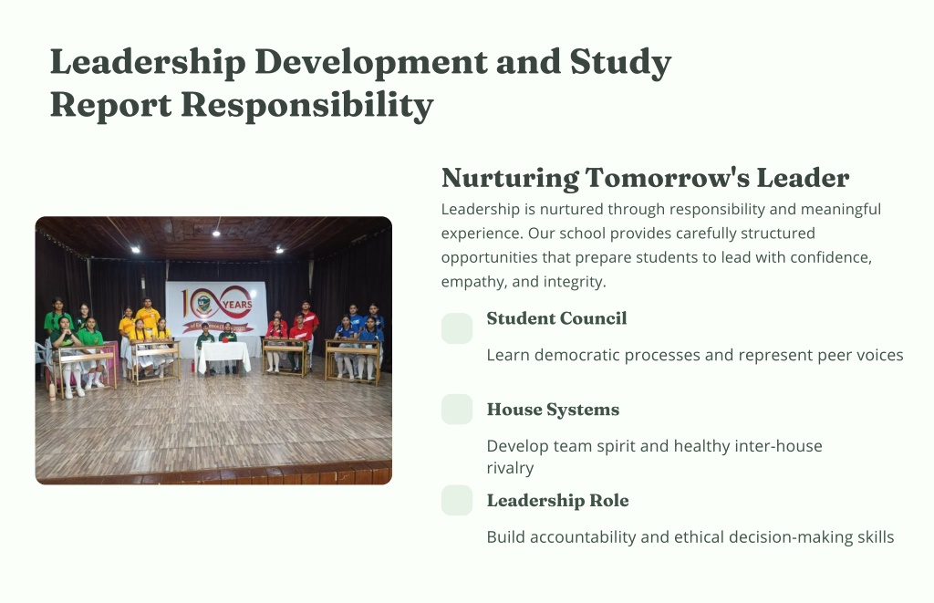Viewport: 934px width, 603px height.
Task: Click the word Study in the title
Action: (620, 63)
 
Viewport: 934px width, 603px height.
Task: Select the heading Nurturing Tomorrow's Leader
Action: (645, 178)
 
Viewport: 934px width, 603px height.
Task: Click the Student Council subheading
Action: (556, 318)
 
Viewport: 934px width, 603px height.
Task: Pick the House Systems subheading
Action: (553, 410)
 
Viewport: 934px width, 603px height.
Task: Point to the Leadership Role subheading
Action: (557, 501)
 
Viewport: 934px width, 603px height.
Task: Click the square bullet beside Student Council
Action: (457, 328)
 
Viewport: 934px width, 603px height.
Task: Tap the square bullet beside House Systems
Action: (457, 410)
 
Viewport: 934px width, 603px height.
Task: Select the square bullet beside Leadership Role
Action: (457, 500)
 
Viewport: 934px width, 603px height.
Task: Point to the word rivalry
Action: (510, 468)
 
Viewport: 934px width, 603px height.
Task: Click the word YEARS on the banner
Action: (237, 305)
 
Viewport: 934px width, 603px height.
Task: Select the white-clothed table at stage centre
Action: (224, 357)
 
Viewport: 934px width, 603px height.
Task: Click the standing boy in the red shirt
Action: (307, 325)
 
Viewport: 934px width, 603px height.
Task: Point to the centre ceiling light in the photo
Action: (216, 234)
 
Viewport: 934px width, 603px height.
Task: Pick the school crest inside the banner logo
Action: (204, 303)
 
